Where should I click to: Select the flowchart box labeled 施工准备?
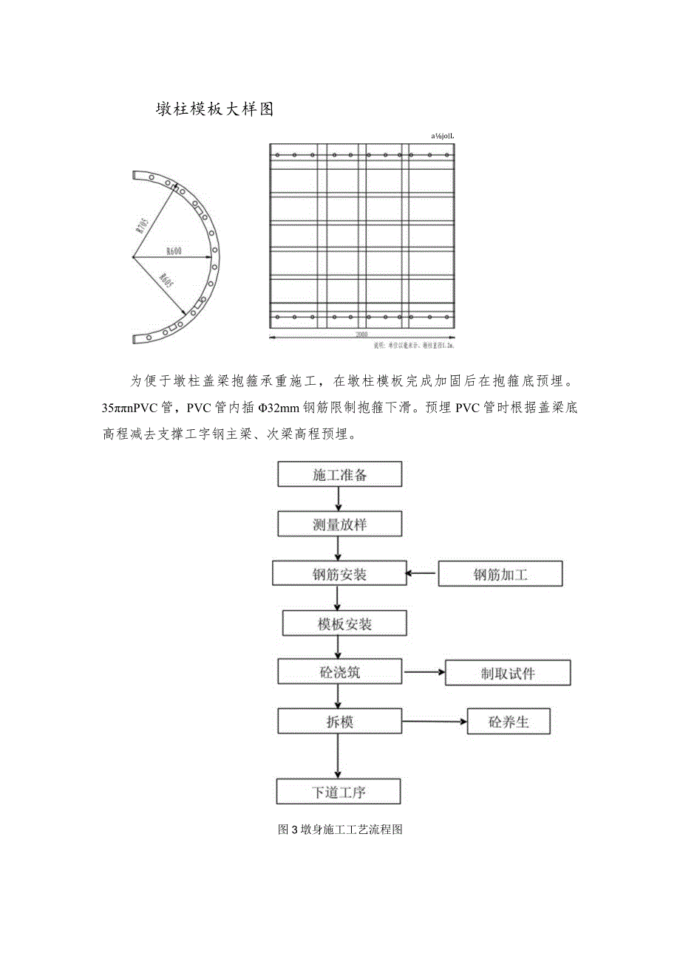339,475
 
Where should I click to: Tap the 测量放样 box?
339,524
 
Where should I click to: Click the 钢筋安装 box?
339,574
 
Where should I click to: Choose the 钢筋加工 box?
500,574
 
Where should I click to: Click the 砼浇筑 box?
339,673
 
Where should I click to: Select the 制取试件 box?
508,674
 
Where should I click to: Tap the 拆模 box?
339,721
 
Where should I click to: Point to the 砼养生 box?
509,722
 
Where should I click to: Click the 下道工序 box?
339,792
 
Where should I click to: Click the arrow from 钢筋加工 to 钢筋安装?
422,572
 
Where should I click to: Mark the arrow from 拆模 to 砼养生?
434,721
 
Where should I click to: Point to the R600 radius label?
174,252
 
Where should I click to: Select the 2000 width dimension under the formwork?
361,335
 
